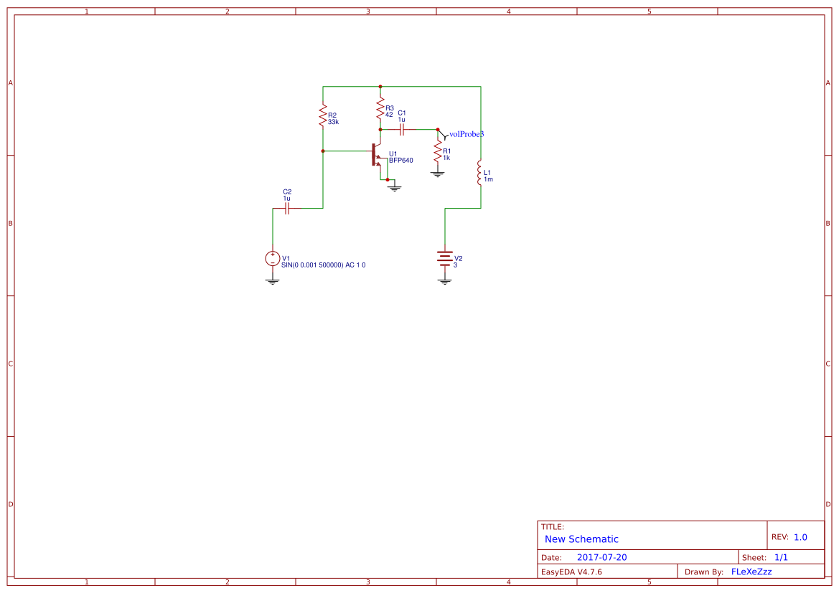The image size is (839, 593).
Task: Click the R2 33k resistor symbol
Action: pos(323,117)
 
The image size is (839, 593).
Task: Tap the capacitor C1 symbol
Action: pos(402,130)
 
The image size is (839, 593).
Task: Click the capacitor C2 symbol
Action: pos(287,209)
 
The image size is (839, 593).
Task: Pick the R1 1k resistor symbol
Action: pos(438,152)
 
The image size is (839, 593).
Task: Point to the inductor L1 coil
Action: pos(480,174)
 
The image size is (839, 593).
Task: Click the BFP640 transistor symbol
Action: pos(377,154)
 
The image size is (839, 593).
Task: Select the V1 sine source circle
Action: pos(273,259)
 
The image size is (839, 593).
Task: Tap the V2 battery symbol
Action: pos(445,259)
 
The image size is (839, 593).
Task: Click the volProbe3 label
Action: pos(467,134)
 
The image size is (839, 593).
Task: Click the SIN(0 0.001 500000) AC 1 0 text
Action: pos(324,265)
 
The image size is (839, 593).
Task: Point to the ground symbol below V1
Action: pos(273,282)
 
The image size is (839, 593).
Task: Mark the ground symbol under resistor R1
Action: pos(438,174)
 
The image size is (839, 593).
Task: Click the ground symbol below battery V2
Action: pos(445,282)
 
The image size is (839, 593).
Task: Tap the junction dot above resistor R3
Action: pos(380,87)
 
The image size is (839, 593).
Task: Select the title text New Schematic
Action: pos(581,539)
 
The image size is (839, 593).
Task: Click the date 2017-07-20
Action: pos(601,557)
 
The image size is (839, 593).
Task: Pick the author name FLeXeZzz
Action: pos(751,572)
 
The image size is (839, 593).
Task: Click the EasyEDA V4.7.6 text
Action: pos(571,572)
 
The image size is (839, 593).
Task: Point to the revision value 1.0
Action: pos(800,537)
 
